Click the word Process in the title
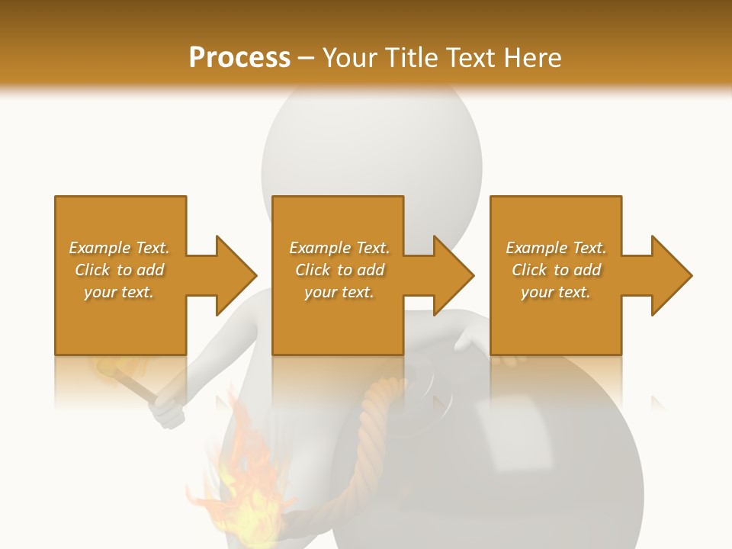[x=239, y=58]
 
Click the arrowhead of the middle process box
[x=453, y=275]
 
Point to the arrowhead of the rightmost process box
[x=671, y=275]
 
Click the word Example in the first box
[x=99, y=248]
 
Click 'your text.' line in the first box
[x=119, y=292]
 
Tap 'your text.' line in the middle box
[x=339, y=292]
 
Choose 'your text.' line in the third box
[x=556, y=292]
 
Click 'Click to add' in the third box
[x=556, y=270]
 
